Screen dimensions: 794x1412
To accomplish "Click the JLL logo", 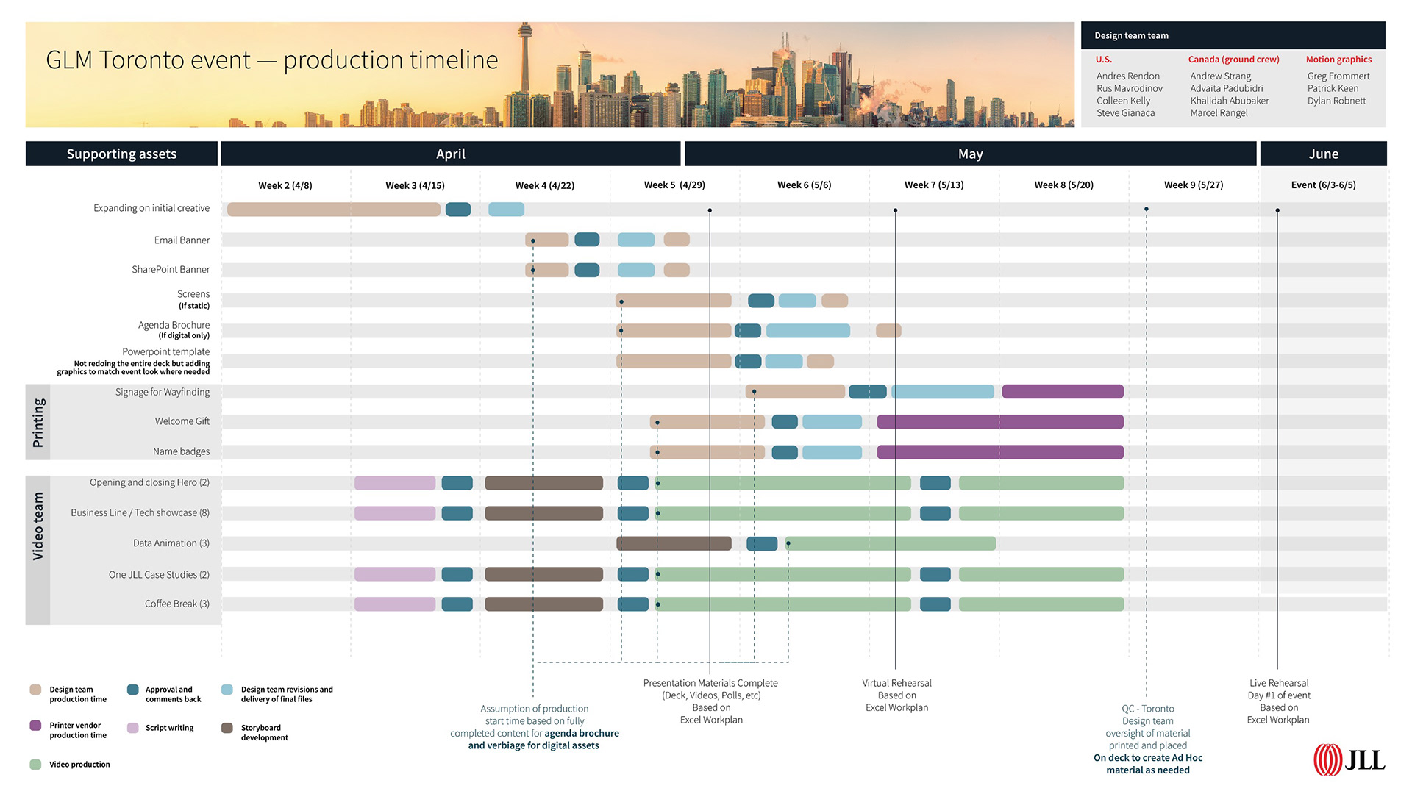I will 1349,759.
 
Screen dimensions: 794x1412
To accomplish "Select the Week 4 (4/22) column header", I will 544,185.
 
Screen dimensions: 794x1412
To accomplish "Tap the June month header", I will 1323,154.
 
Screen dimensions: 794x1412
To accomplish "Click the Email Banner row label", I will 182,240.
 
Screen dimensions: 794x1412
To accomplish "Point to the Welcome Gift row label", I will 182,421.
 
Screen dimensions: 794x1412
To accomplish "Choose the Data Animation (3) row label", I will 171,543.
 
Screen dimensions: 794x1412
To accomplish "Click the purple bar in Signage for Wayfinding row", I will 1062,392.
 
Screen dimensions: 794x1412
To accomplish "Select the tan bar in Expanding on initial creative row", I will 333,210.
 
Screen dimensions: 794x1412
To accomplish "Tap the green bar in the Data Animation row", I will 891,543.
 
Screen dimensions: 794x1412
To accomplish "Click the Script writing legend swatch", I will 133,728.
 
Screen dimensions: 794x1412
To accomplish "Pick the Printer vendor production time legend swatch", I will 35,726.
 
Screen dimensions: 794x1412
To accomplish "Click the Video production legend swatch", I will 35,765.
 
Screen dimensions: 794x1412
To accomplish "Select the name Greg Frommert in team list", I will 1338,76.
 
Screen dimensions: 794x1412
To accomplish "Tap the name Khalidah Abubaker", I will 1229,101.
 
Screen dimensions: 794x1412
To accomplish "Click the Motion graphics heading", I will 1338,60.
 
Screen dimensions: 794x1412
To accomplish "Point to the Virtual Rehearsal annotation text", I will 896,695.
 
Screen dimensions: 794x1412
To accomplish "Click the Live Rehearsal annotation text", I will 1278,701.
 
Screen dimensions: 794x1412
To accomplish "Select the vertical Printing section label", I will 38,423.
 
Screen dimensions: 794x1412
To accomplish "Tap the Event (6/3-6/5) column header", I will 1323,185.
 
